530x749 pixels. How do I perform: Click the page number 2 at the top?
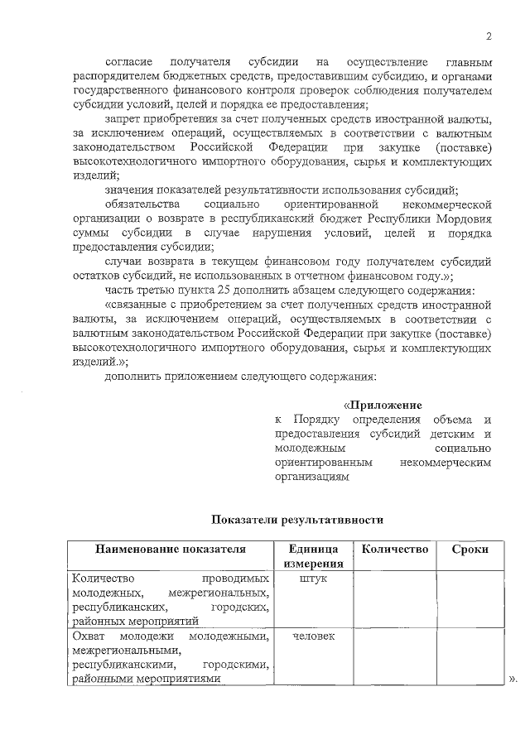pyautogui.click(x=489, y=36)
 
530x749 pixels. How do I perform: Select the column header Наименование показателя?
pyautogui.click(x=171, y=550)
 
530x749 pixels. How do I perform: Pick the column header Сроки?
pyautogui.click(x=470, y=550)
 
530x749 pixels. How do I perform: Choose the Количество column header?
pyautogui.click(x=394, y=550)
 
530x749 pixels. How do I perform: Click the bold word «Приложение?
pyautogui.click(x=383, y=405)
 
